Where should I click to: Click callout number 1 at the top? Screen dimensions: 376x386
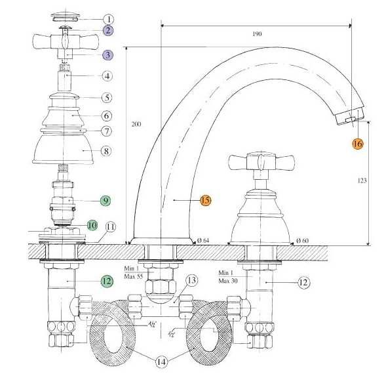pos(107,19)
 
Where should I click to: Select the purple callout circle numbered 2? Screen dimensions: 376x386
pos(107,31)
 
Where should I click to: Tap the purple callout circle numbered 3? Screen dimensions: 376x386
pos(107,56)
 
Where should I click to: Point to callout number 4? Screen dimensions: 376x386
pos(107,75)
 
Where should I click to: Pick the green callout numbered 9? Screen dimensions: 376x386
pos(107,199)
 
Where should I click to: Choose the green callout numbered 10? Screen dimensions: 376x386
pos(92,225)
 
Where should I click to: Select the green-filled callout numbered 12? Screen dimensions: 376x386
pos(107,281)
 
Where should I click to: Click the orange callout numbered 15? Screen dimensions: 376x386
pos(205,200)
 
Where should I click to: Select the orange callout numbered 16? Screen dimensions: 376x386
pos(357,142)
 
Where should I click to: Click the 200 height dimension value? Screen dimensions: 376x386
pos(136,124)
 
